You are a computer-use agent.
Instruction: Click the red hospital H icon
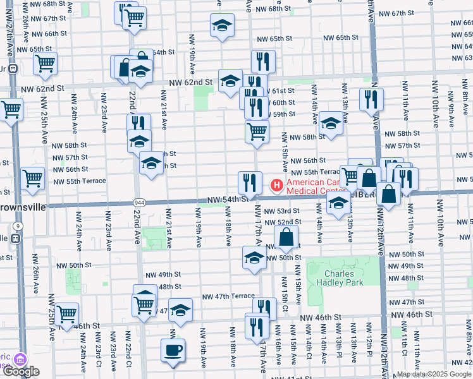tap(276, 185)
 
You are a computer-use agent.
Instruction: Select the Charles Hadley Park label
tap(344, 278)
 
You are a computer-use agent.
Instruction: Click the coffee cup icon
tap(173, 349)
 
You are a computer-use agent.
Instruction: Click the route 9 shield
tap(18, 226)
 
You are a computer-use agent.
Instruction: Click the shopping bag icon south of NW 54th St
tap(286, 238)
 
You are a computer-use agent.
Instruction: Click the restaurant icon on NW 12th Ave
tap(371, 99)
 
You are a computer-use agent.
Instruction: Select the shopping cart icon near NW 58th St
tap(257, 131)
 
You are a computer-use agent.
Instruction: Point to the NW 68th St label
tap(274, 10)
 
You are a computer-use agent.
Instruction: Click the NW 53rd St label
tap(281, 211)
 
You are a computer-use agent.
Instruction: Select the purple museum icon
tap(21, 360)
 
